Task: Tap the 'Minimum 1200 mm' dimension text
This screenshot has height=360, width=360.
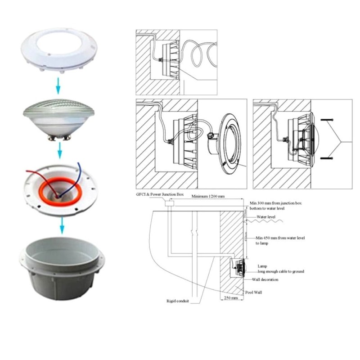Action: point(208,197)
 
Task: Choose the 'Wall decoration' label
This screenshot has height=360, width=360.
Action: point(266,279)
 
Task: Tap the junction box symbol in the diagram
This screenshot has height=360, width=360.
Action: point(169,204)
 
